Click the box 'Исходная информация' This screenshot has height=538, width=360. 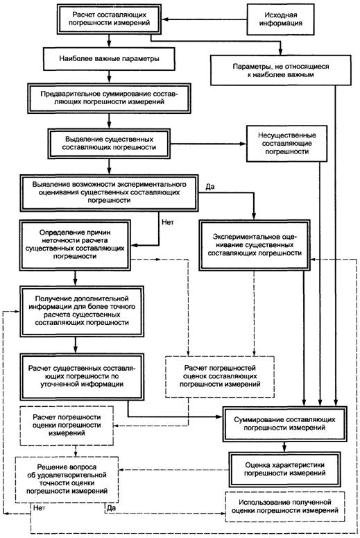pos(280,19)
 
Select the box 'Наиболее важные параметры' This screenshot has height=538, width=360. pos(109,59)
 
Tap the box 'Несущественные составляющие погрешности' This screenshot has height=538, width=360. pos(287,144)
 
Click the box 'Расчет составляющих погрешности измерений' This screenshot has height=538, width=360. pos(110,19)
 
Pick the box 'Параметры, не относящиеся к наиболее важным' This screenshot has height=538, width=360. pos(280,70)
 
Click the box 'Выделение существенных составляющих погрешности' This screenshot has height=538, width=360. pos(109,144)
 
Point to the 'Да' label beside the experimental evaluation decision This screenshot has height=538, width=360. pos(210,187)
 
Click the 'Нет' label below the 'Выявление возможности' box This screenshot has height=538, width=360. pos(168,222)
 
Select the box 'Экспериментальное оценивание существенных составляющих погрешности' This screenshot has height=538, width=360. pos(255,245)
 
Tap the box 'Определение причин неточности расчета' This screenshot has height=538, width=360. pos(76,244)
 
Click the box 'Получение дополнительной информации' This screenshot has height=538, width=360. pos(82,310)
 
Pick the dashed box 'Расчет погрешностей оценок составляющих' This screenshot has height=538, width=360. pos(220,376)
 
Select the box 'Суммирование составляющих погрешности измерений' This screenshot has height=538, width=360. pos(284,423)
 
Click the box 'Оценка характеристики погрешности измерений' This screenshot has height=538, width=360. pos(284,469)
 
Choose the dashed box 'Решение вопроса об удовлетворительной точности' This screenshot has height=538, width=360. pos(67,479)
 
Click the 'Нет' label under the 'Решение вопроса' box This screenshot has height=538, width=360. pos(39,508)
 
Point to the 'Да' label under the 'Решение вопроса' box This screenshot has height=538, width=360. pos(111,508)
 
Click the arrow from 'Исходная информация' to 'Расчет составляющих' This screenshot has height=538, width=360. pos(205,19)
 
